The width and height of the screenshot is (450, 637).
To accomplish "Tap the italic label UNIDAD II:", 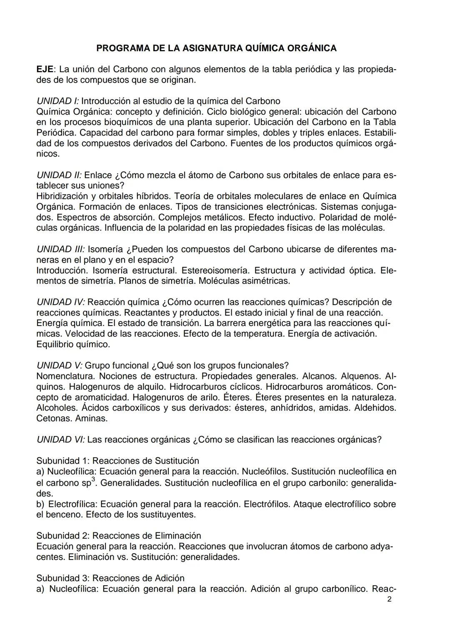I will click(59, 175).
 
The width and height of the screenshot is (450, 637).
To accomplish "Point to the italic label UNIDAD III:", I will click(61, 249).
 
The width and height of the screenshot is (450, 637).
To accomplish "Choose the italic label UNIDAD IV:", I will click(61, 302).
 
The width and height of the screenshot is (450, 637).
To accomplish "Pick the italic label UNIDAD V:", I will click(60, 366).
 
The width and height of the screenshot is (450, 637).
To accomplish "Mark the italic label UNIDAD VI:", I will click(61, 440).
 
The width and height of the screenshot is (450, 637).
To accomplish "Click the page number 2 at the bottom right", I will click(389, 599).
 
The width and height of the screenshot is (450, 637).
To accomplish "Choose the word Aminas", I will click(92, 419).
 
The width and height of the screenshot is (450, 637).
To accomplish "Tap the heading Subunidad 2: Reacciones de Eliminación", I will click(119, 536).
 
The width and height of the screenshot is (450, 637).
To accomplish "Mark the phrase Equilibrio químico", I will click(73, 344).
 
